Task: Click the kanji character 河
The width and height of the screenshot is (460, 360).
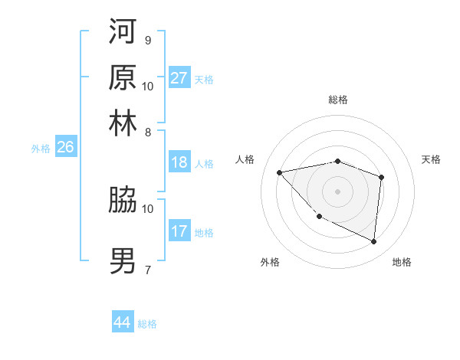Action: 123,31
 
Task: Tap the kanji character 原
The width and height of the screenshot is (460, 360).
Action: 123,77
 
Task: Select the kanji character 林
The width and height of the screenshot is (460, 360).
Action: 123,123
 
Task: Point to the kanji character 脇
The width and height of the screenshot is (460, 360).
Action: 123,200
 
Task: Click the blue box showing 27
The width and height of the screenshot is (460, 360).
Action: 179,78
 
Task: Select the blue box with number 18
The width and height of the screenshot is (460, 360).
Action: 179,162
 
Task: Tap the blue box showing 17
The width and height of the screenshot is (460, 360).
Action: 179,231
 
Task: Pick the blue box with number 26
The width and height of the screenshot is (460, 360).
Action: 65,147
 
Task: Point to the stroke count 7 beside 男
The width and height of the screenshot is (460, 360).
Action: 147,270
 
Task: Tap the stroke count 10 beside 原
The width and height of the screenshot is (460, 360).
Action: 148,86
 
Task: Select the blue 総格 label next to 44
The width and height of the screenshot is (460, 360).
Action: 147,324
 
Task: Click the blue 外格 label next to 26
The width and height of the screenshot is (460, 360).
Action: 41,149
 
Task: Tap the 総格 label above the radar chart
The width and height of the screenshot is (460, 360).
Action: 338,100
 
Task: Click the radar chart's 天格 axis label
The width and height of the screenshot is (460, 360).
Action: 432,159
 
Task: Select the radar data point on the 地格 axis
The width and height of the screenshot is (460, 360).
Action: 374,242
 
